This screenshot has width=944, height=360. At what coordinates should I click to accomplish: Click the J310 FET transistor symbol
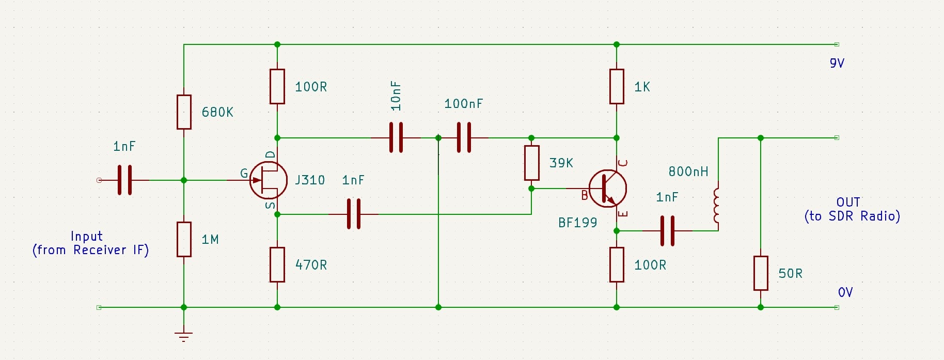click(x=268, y=180)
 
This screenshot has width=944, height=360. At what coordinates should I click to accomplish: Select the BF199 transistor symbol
click(x=608, y=189)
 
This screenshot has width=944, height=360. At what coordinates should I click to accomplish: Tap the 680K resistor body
click(x=184, y=112)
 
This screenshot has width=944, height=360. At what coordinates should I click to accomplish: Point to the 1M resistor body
click(x=184, y=239)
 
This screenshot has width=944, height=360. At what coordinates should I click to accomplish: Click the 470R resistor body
click(x=277, y=264)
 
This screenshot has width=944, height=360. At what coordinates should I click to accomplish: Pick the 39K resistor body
click(x=531, y=163)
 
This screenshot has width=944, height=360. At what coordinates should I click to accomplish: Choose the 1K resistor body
click(x=617, y=86)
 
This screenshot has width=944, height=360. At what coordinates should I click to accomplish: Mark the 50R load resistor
click(x=761, y=273)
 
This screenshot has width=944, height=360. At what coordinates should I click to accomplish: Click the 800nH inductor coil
click(x=717, y=206)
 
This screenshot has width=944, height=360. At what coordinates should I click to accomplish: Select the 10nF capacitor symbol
click(x=396, y=138)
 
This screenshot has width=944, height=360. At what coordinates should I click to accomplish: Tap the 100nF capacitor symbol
click(x=464, y=138)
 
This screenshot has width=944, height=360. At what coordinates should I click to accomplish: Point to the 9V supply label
click(x=837, y=63)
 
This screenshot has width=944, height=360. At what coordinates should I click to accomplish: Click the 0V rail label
click(x=845, y=292)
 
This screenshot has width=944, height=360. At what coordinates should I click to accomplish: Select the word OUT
click(x=848, y=202)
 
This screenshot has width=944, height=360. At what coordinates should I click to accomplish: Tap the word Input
click(x=86, y=237)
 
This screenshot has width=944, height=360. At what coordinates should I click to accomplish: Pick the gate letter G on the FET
click(x=244, y=174)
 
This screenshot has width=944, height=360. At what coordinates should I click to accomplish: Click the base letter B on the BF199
click(x=585, y=195)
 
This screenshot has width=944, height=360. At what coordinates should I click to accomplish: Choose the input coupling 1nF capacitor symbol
click(x=124, y=180)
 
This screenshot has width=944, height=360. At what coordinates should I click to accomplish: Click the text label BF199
click(x=577, y=223)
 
